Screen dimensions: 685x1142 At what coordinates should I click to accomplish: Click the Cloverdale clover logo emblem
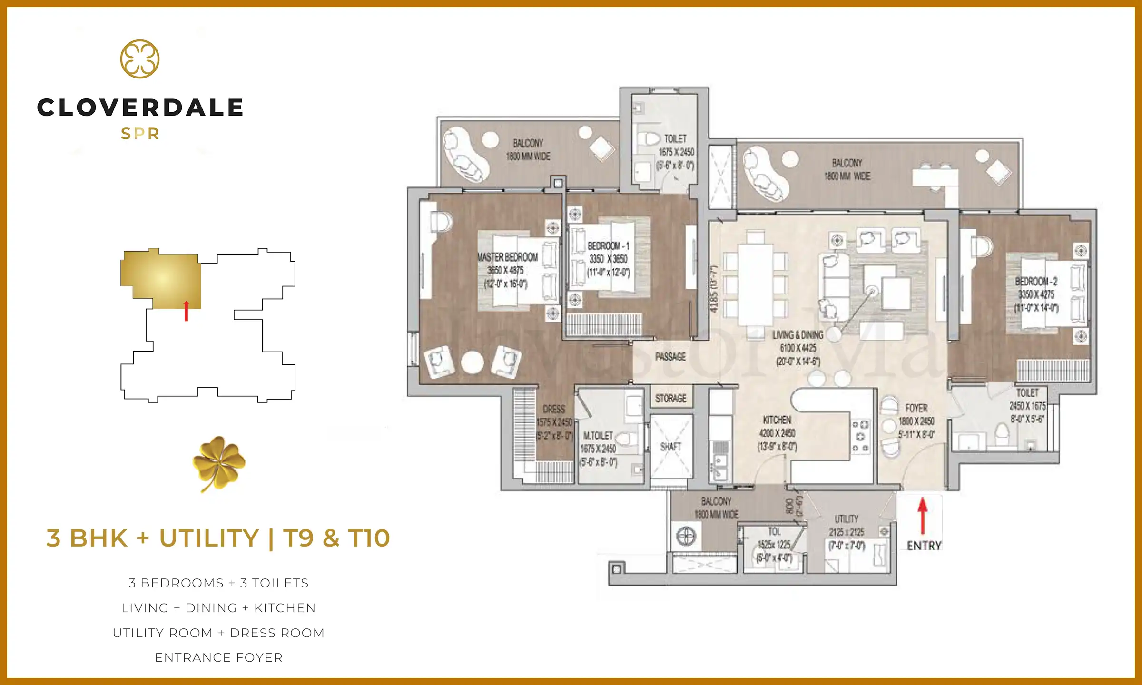point(139,59)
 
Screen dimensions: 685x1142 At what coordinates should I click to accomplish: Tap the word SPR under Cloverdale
point(139,134)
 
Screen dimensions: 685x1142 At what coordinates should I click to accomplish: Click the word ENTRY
point(924,546)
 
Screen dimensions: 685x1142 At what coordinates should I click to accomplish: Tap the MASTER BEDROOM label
point(507,257)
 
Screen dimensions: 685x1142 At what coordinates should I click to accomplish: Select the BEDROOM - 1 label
point(608,246)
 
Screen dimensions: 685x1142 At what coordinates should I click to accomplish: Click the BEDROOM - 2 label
point(1036,282)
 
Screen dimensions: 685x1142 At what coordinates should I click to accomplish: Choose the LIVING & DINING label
point(798,335)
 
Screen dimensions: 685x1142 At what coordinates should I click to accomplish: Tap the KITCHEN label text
point(777,420)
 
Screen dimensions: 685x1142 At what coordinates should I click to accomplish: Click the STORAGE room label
point(670,399)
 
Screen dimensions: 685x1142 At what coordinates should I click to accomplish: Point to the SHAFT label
point(670,447)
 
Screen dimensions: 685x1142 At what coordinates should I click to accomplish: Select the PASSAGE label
point(670,357)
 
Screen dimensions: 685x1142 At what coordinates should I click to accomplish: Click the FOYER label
point(916,409)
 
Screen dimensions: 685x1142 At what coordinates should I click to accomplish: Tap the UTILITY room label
point(846,519)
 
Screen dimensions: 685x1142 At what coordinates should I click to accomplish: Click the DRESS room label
point(554,409)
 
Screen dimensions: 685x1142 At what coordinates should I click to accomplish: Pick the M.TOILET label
point(598,436)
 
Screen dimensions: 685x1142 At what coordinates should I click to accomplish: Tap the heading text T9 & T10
point(336,538)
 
